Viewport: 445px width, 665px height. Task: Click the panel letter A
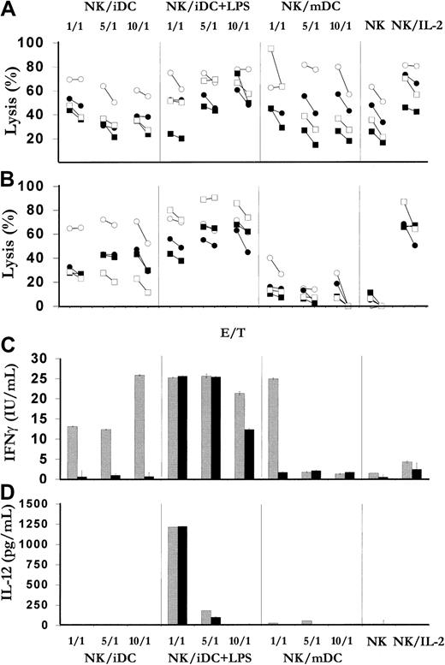tap(10, 11)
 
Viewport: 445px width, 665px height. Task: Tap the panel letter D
tap(9, 493)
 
